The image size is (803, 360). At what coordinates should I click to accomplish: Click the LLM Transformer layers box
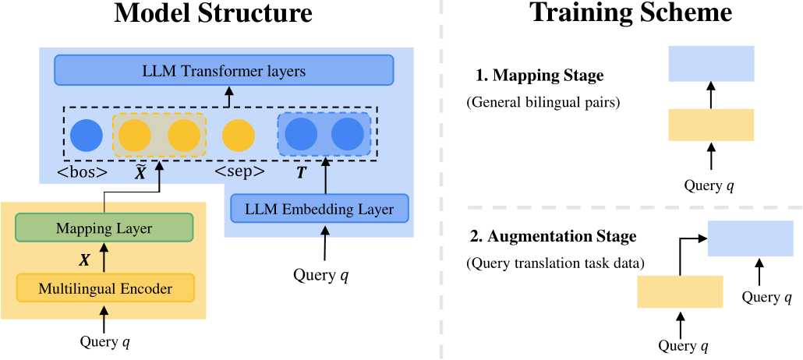coord(224,71)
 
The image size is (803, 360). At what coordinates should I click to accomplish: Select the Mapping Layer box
coord(104,228)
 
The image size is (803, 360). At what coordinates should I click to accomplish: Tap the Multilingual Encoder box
coord(105,288)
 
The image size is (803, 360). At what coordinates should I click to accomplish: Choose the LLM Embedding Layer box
coord(319,209)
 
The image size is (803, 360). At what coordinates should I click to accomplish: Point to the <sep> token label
coord(239,171)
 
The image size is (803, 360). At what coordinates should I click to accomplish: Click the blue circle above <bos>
coord(87,136)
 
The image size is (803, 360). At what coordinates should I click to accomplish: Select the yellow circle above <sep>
coord(239,136)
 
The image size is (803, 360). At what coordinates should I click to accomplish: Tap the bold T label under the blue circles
coord(301,172)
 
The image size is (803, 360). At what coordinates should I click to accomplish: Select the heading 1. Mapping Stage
coord(539,76)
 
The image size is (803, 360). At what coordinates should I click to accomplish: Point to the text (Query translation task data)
coord(555,263)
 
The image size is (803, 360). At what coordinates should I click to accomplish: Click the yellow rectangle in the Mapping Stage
coord(711,125)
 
